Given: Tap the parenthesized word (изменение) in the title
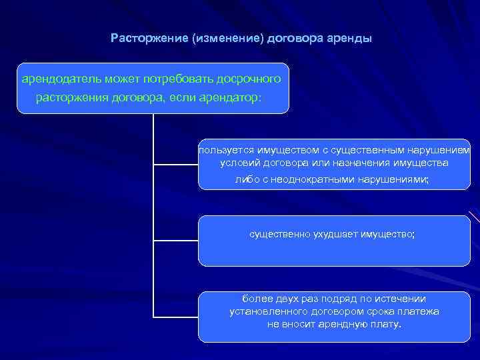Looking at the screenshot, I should tap(227, 38).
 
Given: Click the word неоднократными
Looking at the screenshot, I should tap(314, 179).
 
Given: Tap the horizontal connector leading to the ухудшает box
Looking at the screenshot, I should tap(176, 240).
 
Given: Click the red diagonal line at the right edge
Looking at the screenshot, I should tap(474, 217).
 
